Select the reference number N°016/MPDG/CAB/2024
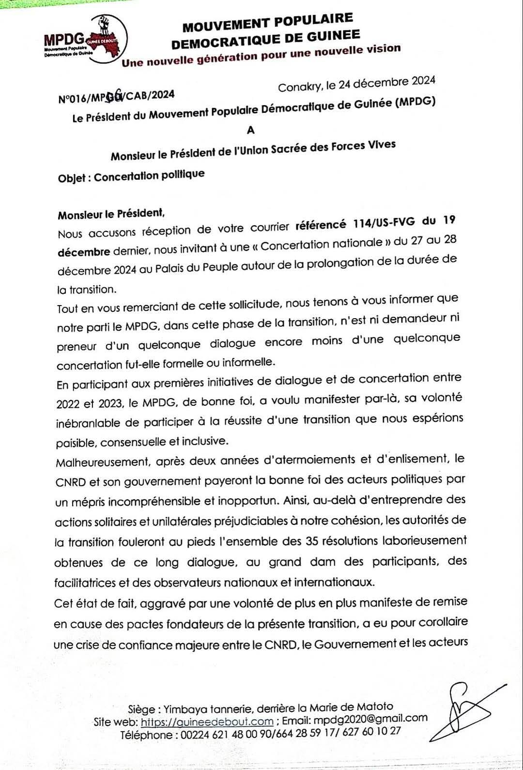[x=116, y=96]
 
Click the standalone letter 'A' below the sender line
[x=250, y=130]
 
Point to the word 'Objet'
[x=72, y=178]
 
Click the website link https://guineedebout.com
[x=207, y=722]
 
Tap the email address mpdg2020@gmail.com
[x=370, y=719]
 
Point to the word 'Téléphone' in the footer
[x=146, y=735]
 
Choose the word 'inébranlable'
[x=88, y=423]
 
